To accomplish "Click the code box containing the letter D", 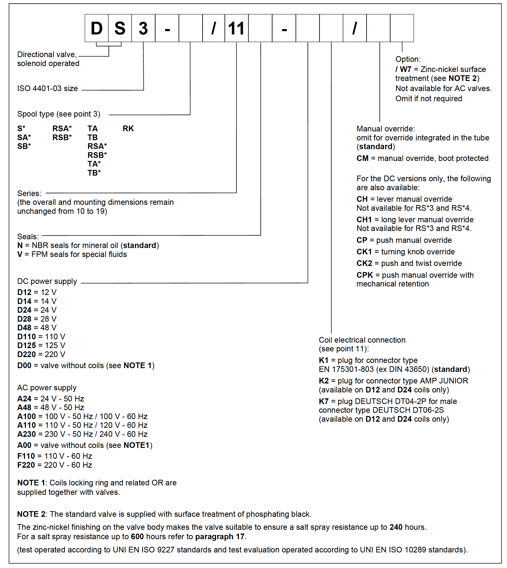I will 96,28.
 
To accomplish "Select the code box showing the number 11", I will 236,28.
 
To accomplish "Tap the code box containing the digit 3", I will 143,28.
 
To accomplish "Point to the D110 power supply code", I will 26,337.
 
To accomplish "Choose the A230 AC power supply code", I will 26,434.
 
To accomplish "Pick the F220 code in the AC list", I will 26,465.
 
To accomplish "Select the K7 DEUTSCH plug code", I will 324,401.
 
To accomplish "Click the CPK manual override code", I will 365,275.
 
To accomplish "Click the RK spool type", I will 128,128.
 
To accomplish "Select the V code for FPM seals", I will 20,254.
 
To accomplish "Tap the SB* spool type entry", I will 24,146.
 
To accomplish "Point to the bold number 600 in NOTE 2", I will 137,537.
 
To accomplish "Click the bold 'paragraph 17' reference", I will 220,537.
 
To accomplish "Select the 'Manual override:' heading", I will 386,129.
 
